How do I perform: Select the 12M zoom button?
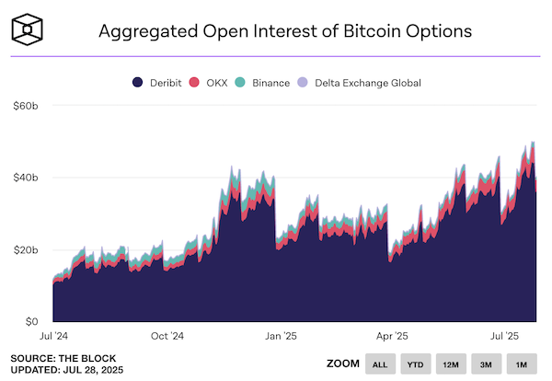pyautogui.click(x=450, y=364)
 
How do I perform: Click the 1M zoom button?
pyautogui.click(x=521, y=364)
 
